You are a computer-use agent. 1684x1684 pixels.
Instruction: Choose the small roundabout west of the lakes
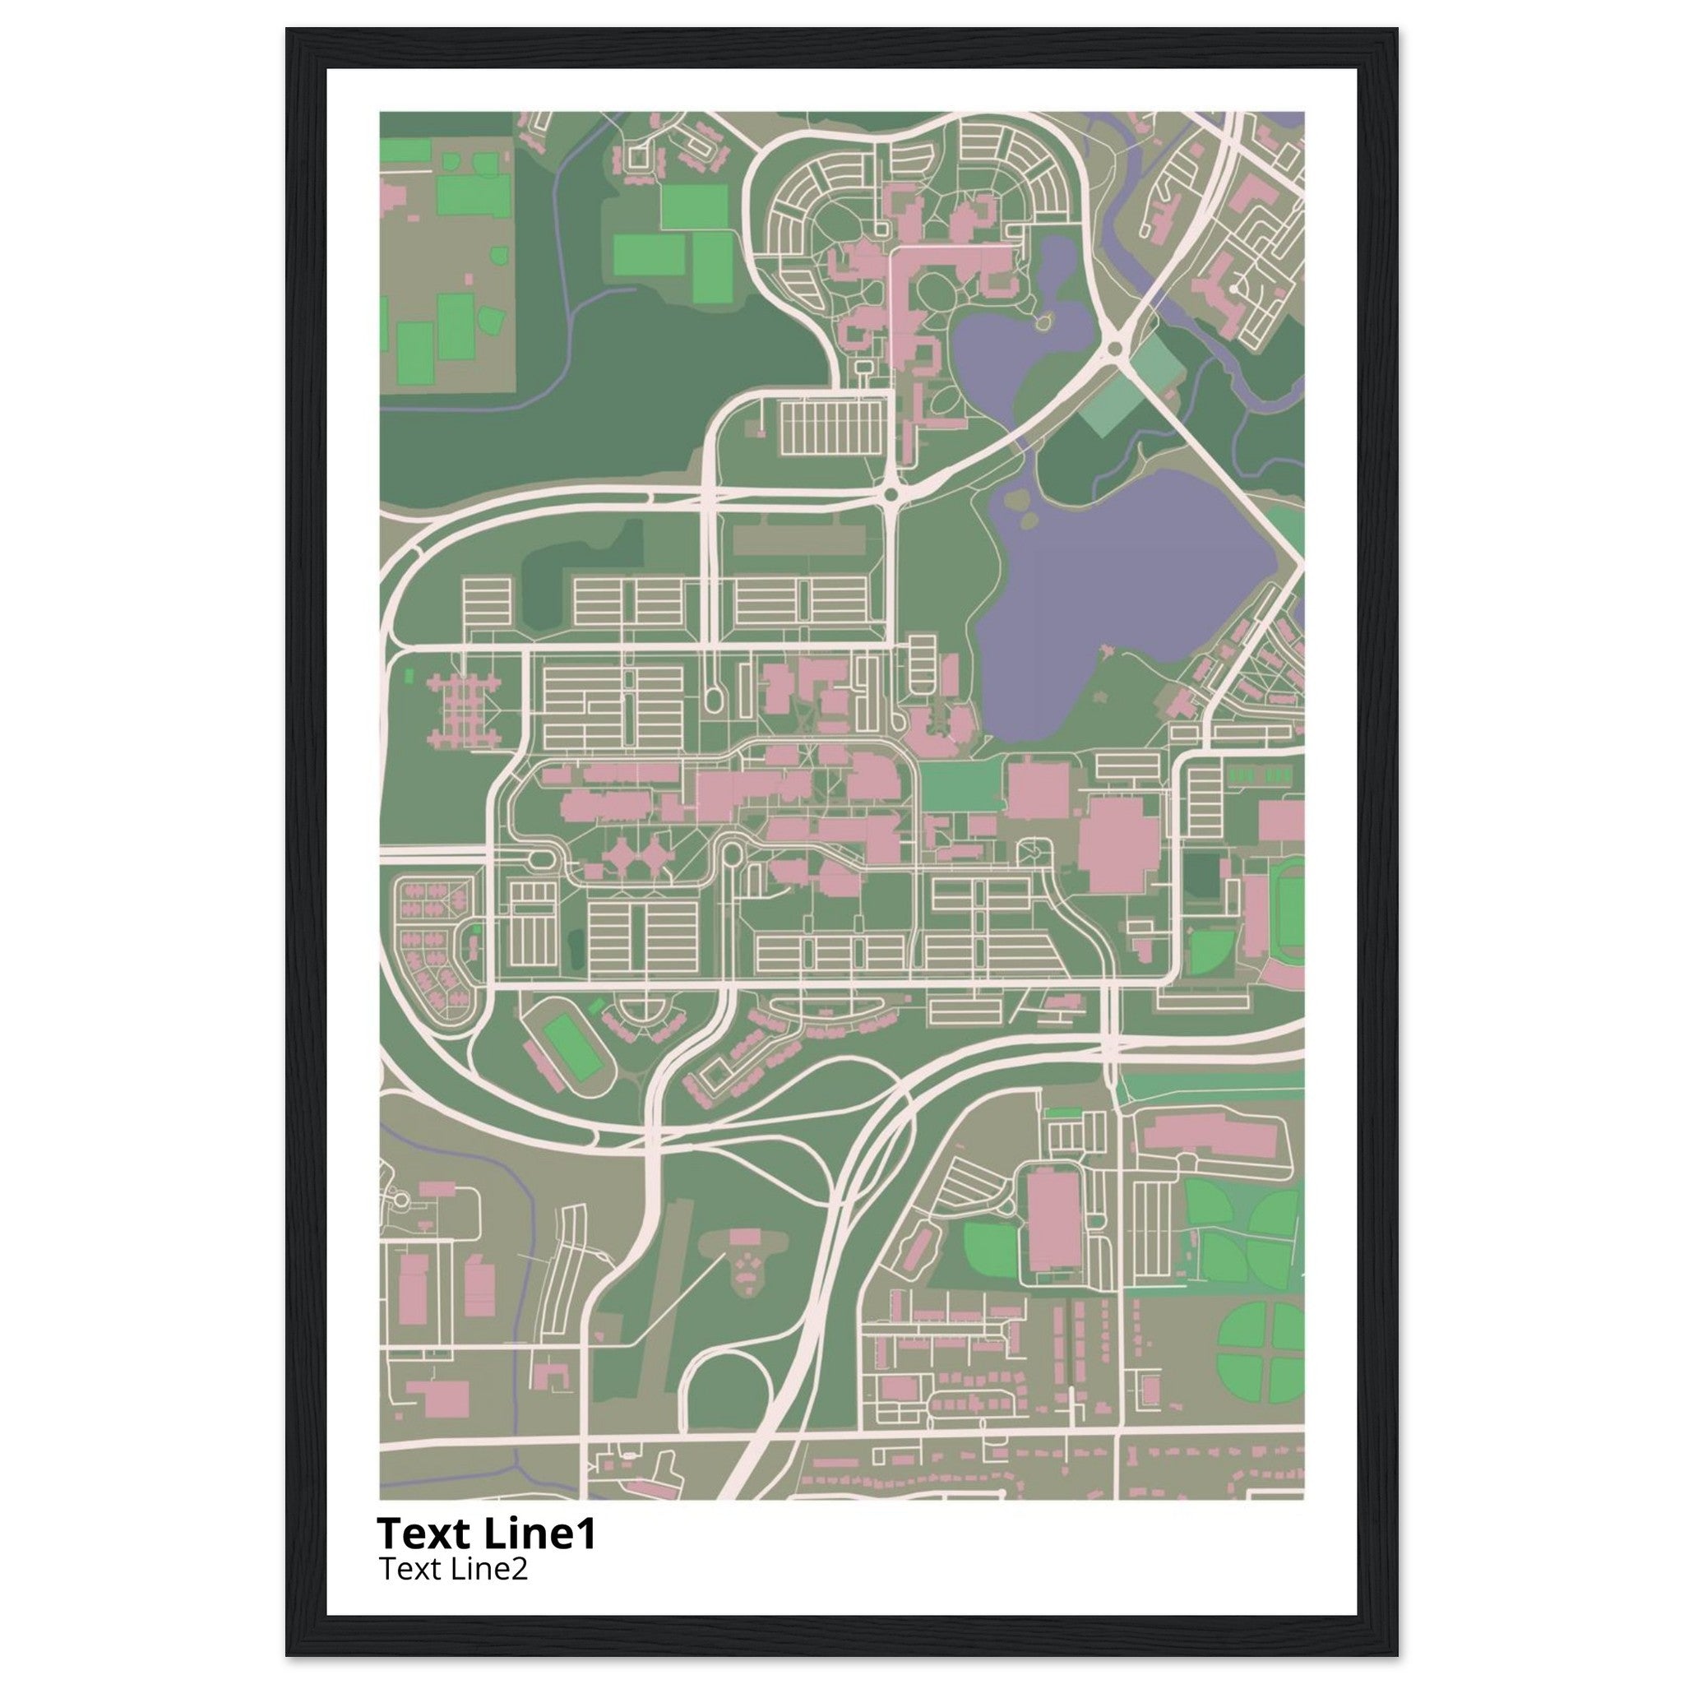[x=890, y=495]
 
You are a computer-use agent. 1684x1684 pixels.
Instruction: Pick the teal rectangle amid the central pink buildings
[x=959, y=784]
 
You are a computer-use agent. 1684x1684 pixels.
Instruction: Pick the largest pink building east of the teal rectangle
[x=1118, y=841]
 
